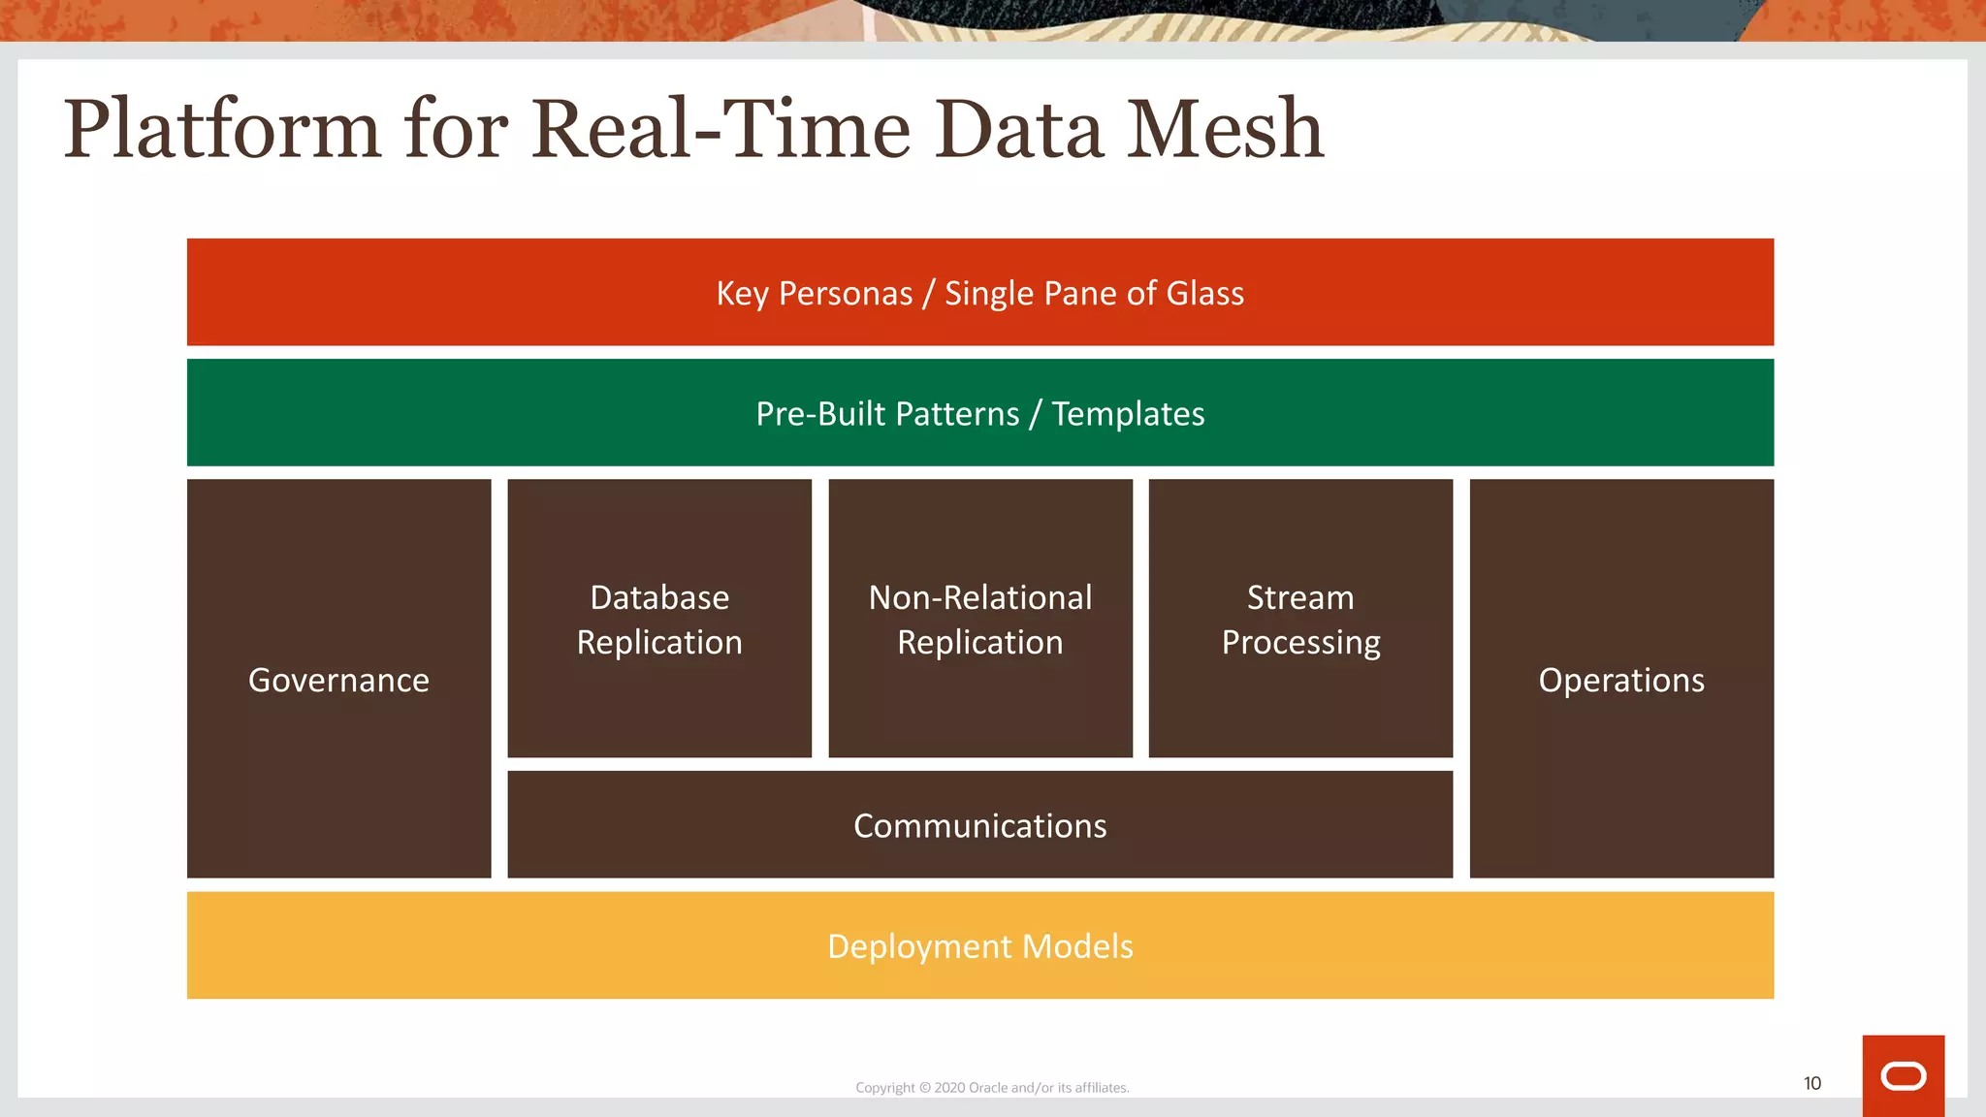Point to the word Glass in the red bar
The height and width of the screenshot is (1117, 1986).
click(x=1204, y=293)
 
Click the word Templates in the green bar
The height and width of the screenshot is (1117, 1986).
click(x=1128, y=414)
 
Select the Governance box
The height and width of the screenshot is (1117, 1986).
click(x=338, y=680)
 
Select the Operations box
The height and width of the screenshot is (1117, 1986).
click(x=1621, y=680)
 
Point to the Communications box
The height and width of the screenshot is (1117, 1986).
click(x=979, y=825)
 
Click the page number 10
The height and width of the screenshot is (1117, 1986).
click(x=1811, y=1083)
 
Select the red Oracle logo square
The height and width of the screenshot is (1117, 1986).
click(x=1903, y=1075)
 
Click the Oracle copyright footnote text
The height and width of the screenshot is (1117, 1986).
click(x=992, y=1088)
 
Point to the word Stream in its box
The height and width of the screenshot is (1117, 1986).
click(x=1300, y=597)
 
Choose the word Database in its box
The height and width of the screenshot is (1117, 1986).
click(x=659, y=597)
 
